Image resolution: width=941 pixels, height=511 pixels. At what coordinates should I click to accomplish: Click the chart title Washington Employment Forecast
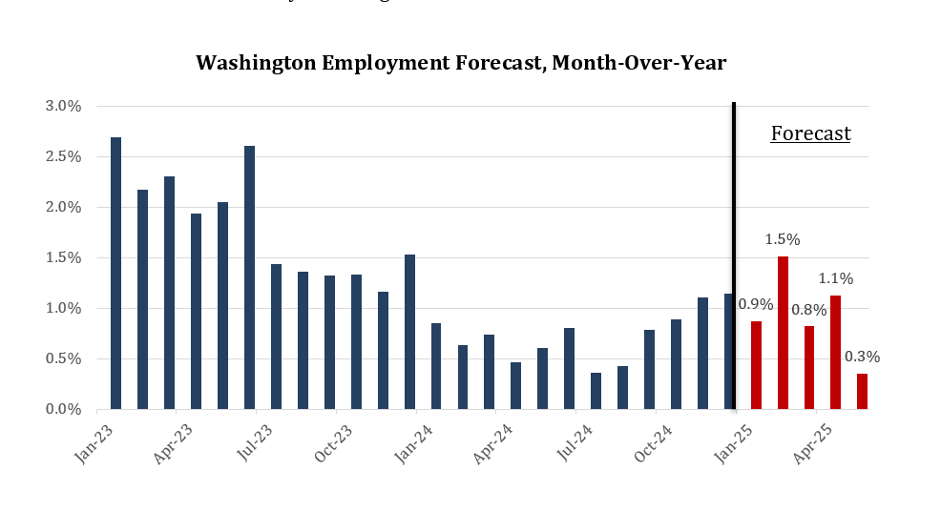[461, 63]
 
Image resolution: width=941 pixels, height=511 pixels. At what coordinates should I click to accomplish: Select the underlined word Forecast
[810, 133]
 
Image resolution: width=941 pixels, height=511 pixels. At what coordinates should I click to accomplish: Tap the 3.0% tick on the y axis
[63, 106]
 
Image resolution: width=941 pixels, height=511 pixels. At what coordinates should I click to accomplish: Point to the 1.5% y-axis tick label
[63, 257]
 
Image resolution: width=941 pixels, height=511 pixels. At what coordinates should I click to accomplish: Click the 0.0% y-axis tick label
[63, 409]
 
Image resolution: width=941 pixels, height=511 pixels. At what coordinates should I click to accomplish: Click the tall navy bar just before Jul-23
[249, 277]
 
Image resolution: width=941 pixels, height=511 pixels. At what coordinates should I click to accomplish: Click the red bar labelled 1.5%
[783, 333]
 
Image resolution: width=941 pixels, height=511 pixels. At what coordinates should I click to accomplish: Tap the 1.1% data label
[835, 279]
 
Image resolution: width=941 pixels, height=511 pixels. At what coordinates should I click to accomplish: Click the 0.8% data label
[809, 309]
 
